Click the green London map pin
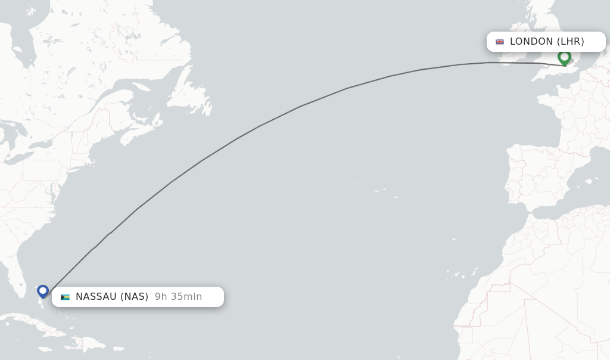click(x=564, y=57)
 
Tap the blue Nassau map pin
click(x=43, y=291)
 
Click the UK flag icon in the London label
click(x=500, y=42)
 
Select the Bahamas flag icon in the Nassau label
click(x=65, y=297)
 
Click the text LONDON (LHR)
click(x=547, y=42)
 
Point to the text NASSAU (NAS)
click(x=112, y=297)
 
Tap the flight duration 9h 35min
click(x=178, y=297)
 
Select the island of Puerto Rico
click(x=118, y=347)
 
